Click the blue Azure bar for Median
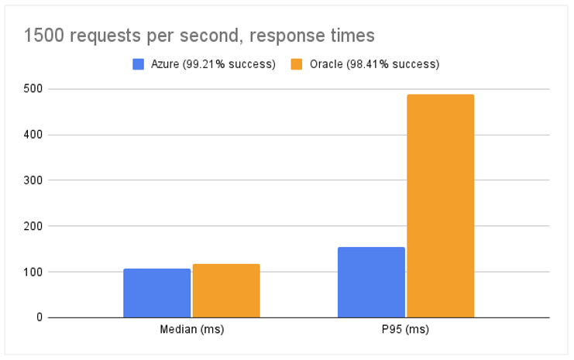(x=156, y=293)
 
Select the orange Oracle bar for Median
(x=226, y=290)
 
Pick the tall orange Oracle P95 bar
(x=441, y=206)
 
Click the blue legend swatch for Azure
(x=139, y=64)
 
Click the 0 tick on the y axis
(x=39, y=317)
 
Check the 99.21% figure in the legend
(x=205, y=64)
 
